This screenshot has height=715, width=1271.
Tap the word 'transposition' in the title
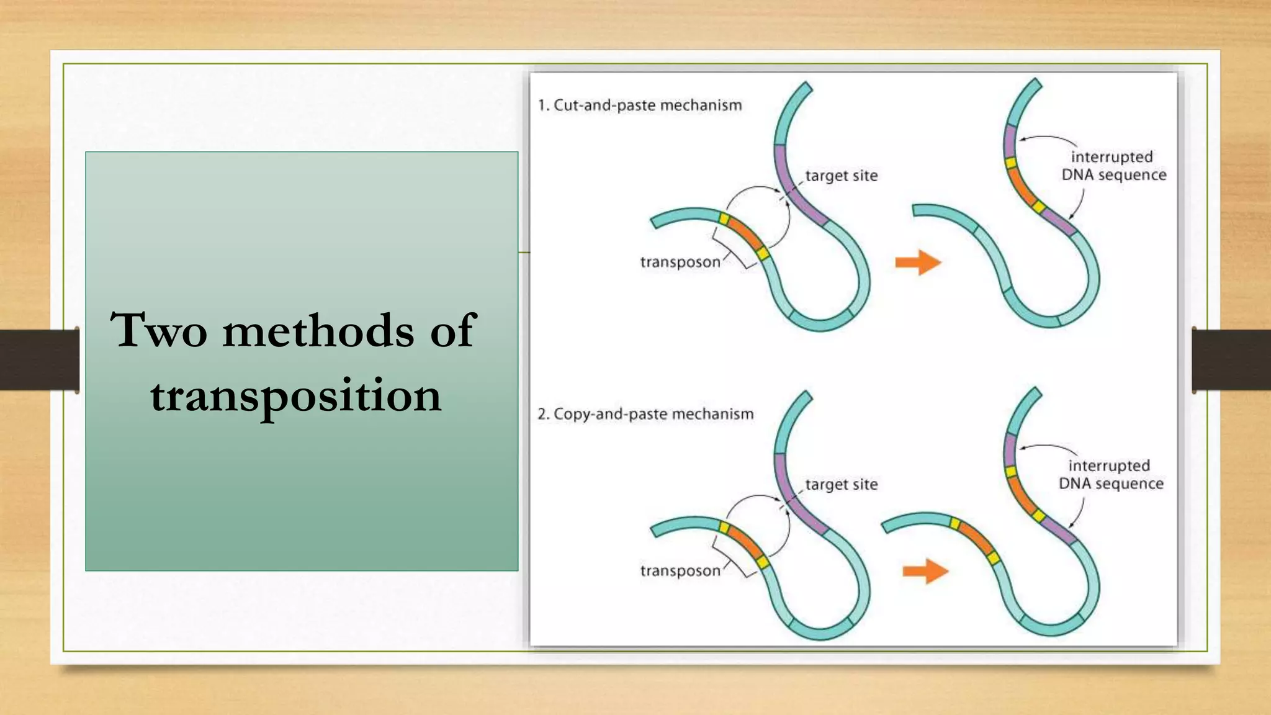coord(295,396)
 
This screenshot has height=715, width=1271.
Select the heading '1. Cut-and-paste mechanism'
coord(640,106)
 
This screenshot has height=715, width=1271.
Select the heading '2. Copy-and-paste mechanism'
coord(645,414)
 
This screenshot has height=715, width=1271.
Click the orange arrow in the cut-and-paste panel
coord(918,263)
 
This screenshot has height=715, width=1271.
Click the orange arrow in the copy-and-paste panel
coord(925,571)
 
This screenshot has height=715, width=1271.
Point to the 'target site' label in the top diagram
coord(841,176)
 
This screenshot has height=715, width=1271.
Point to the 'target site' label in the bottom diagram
coord(841,484)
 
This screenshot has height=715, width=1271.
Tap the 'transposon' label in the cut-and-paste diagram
coord(680,262)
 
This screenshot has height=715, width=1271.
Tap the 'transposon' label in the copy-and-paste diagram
coord(680,570)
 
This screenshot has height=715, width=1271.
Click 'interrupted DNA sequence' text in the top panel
coord(1113,166)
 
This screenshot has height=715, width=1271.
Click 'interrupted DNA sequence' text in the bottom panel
coord(1111,474)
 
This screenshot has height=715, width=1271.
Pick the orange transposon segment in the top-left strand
coord(744,234)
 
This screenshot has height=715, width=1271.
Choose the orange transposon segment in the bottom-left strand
coord(744,543)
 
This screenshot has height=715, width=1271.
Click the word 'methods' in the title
coord(318,330)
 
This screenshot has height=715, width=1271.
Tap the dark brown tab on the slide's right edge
coord(1231,359)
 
